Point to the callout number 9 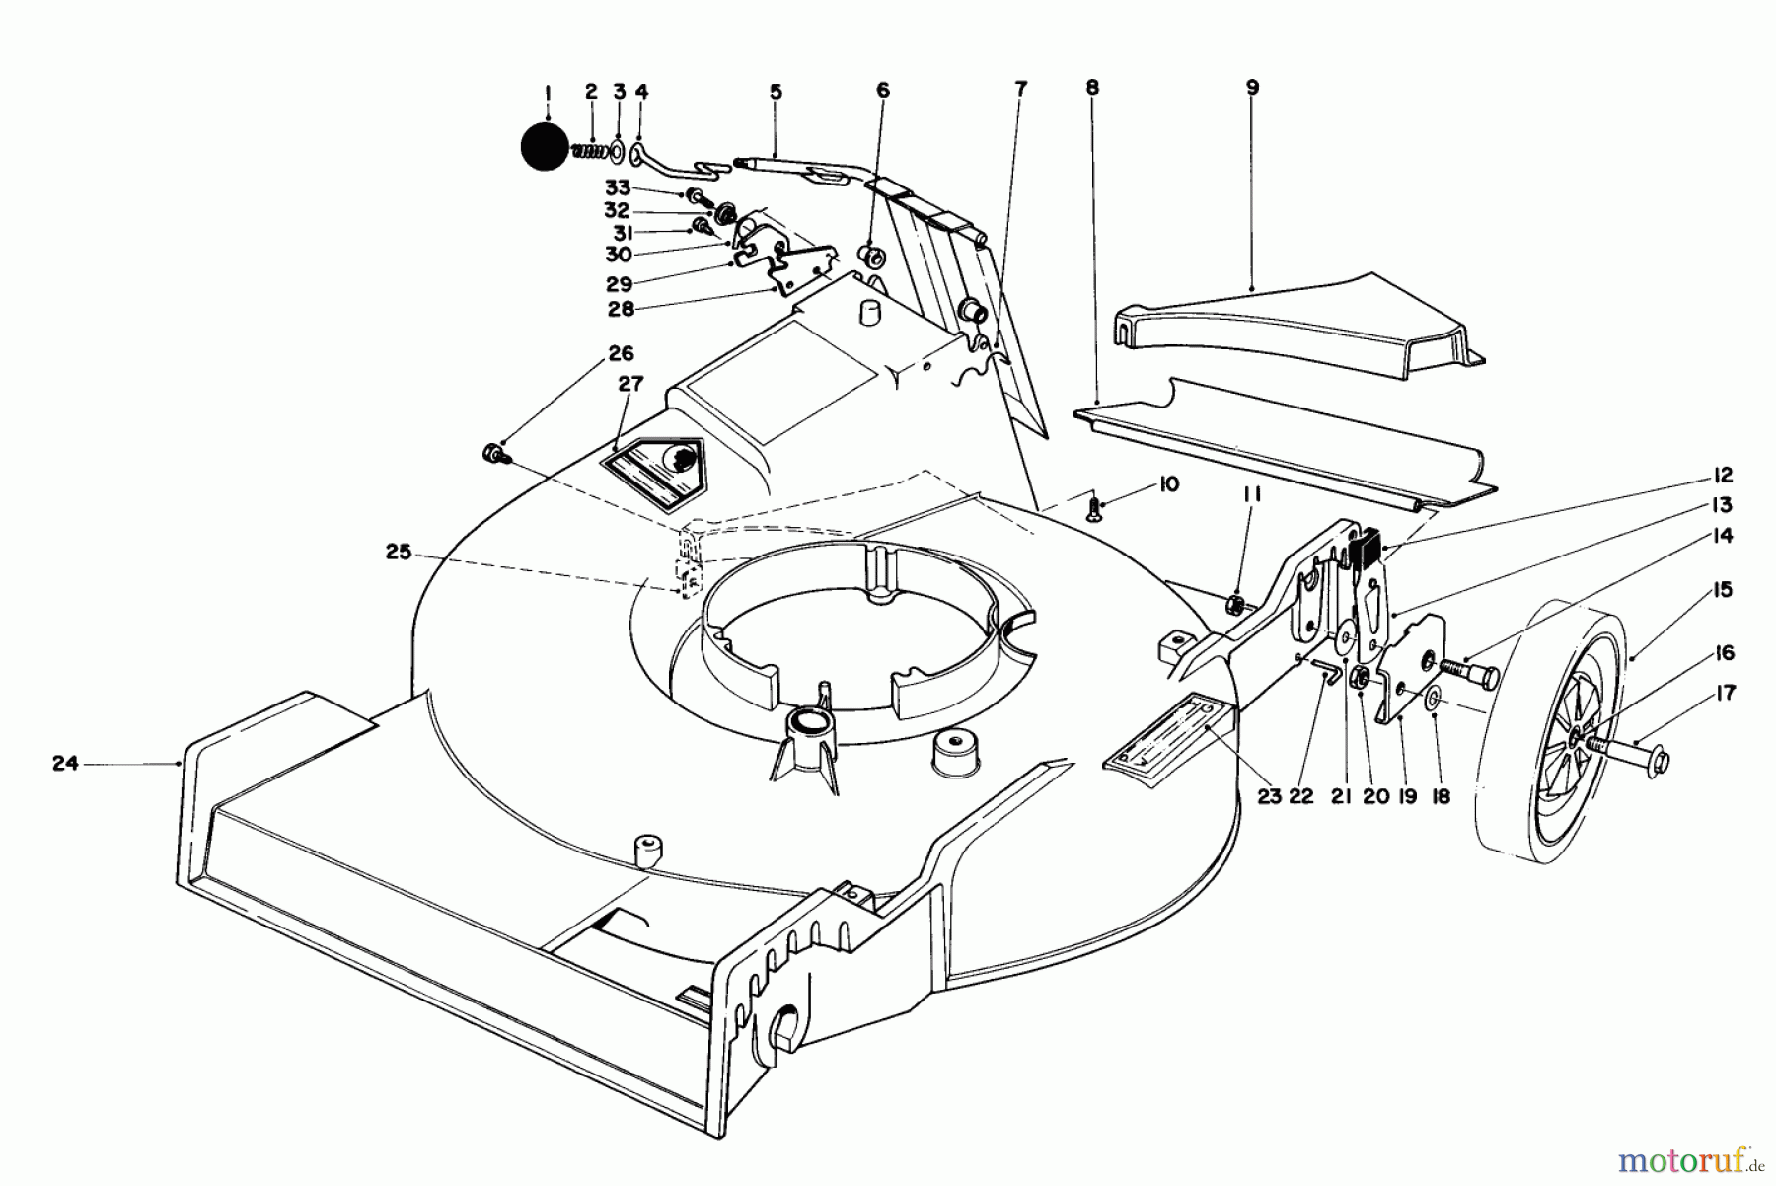(x=1252, y=87)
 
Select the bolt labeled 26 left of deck (x=492, y=454)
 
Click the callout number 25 (x=399, y=553)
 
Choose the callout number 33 (x=617, y=187)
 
